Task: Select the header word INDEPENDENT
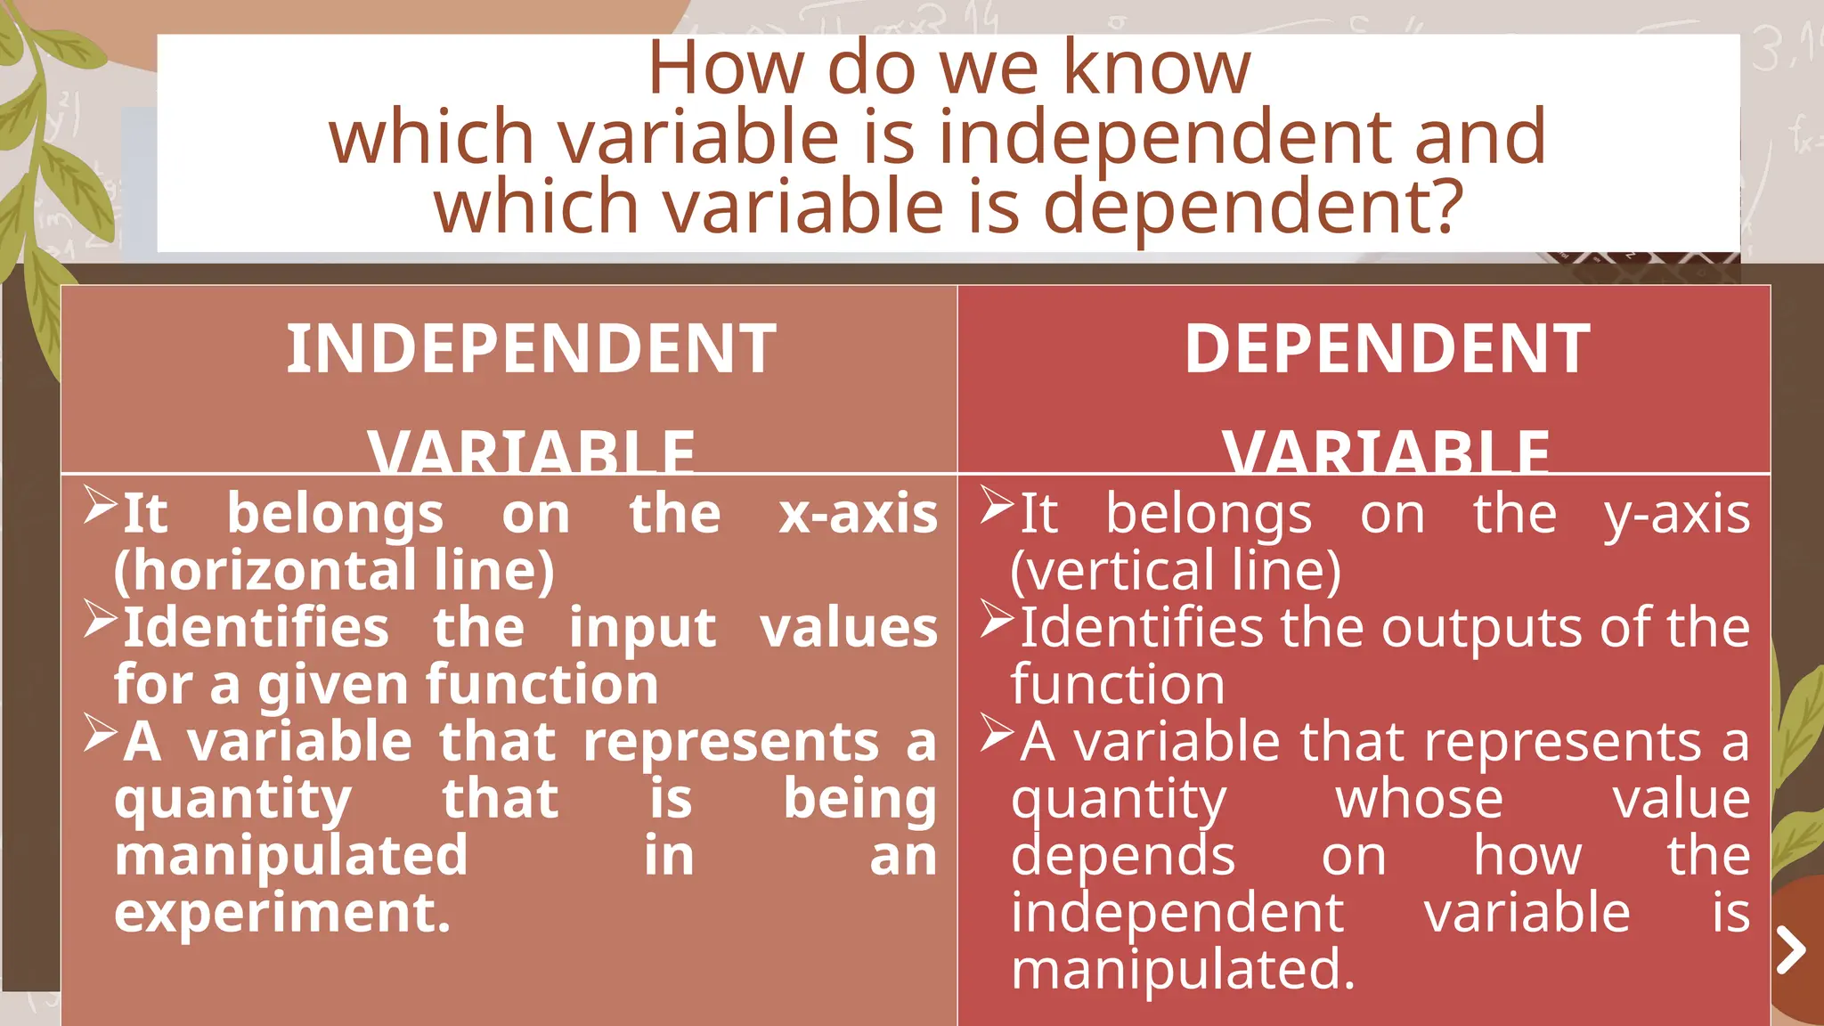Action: (531, 348)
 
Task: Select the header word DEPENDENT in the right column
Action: (1387, 348)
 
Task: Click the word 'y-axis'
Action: (1677, 514)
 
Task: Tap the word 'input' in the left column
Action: (642, 628)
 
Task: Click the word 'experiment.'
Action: (282, 913)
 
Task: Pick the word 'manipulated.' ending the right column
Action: (1183, 970)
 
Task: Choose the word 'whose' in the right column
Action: (1419, 799)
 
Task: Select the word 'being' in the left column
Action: (859, 799)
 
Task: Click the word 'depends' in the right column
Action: (1123, 856)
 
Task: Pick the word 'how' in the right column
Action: (1527, 856)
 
